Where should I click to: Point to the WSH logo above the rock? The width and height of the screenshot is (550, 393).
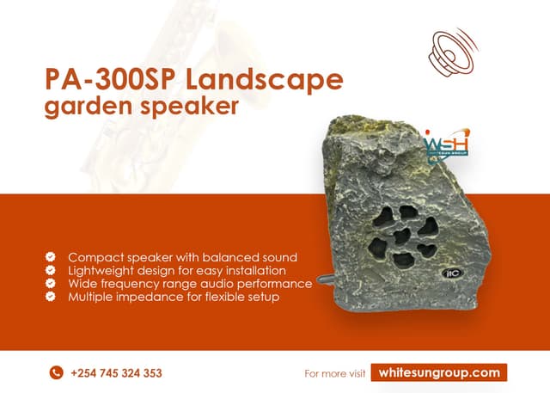(x=445, y=145)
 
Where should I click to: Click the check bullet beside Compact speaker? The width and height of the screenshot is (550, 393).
(x=51, y=257)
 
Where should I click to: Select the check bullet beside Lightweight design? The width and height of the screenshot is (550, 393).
(x=51, y=270)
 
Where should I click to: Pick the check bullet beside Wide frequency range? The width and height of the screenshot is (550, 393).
(x=51, y=283)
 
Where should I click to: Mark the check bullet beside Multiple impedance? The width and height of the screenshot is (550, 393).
(x=51, y=296)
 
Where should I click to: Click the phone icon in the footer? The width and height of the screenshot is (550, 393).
(x=57, y=372)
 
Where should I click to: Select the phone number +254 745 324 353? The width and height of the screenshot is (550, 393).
(x=116, y=373)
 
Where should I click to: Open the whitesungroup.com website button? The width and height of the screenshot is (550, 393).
(x=439, y=372)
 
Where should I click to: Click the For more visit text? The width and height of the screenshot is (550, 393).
(x=335, y=373)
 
